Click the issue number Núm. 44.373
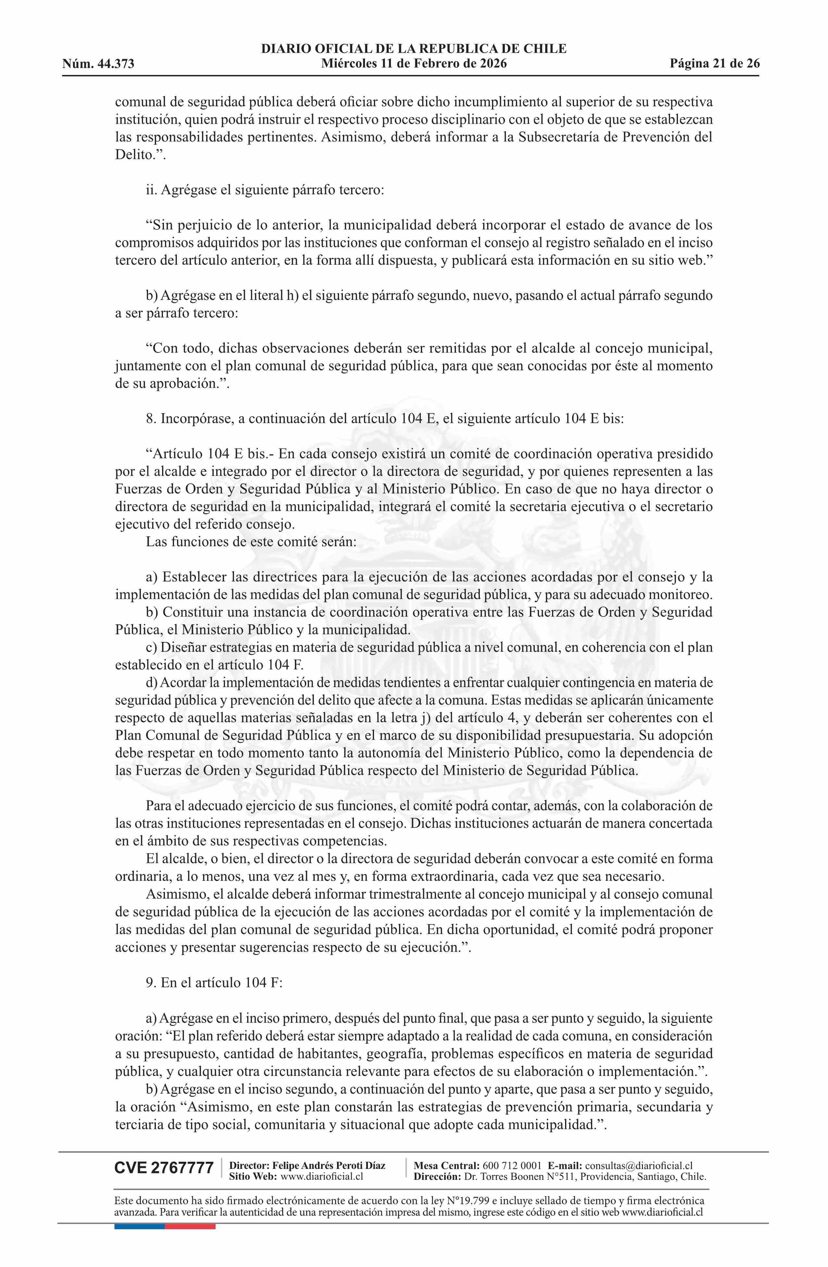(x=98, y=64)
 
